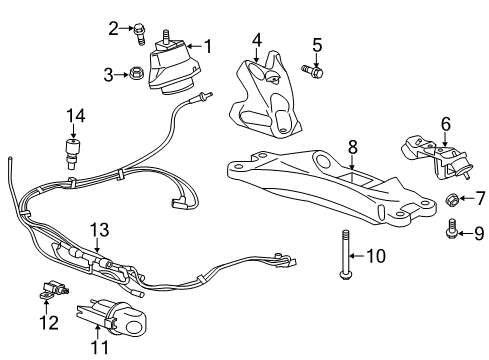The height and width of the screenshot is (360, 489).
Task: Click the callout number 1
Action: pos(208,45)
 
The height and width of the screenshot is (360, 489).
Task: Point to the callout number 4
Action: pos(256,40)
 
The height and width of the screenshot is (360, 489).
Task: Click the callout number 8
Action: pos(351,146)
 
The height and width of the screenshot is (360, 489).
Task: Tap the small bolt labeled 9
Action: pos(450,233)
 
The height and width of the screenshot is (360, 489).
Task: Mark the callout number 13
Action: pos(97,229)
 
